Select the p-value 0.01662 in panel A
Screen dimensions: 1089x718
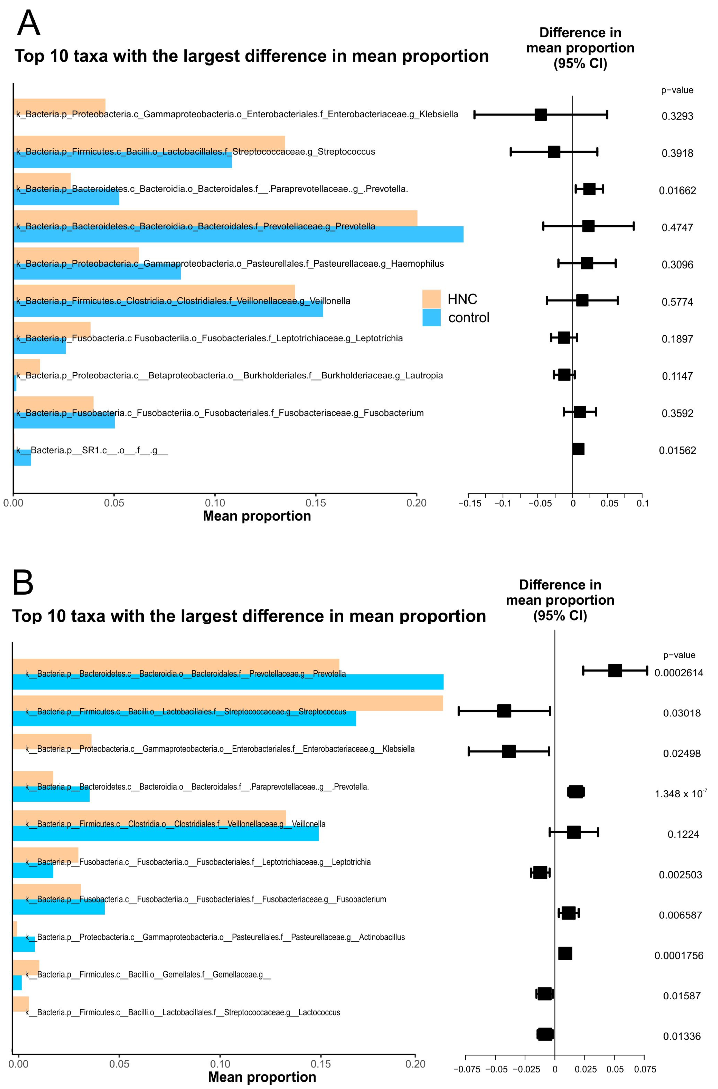point(677,190)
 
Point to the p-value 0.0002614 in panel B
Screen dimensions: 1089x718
point(679,673)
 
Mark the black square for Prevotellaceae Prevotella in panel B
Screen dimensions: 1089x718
point(615,671)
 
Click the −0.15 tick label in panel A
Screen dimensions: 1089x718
point(470,503)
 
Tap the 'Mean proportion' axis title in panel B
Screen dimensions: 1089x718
point(262,1077)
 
